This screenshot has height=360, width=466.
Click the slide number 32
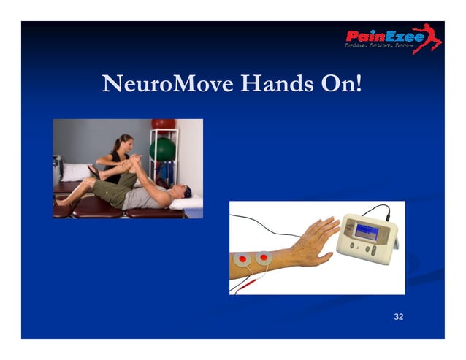398,316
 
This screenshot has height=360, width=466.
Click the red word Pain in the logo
364,37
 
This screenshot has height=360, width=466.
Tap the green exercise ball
162,149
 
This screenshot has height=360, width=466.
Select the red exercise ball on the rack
163,124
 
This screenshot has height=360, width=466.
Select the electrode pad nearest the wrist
264,258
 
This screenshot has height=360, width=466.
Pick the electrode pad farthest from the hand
242,259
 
